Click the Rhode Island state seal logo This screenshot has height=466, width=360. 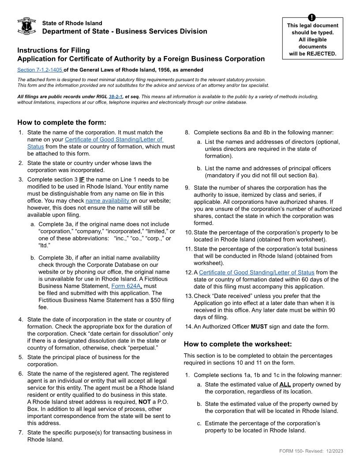[26, 27]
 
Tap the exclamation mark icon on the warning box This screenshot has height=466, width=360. [312, 18]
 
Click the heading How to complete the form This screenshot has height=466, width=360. [62, 122]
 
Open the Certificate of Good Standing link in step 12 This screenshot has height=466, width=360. [256, 272]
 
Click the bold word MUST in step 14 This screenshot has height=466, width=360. [259, 327]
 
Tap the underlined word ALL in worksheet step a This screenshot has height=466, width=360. [285, 384]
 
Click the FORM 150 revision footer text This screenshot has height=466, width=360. [311, 451]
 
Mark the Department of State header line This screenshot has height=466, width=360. [124, 31]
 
